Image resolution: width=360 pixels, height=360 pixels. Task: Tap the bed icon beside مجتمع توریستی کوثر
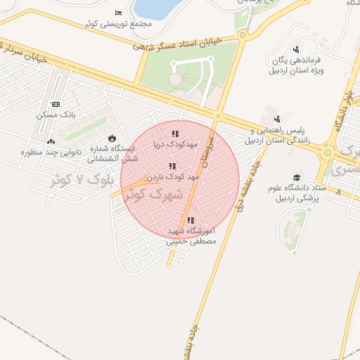(x=118, y=13)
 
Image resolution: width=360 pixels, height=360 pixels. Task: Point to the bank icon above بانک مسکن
(x=56, y=104)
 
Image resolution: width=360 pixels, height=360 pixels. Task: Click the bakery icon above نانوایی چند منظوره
(x=51, y=141)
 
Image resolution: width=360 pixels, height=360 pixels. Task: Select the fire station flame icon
(x=111, y=138)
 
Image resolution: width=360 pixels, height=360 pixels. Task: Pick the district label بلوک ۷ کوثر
(x=82, y=179)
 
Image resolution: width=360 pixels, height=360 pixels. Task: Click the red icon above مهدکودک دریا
(x=175, y=134)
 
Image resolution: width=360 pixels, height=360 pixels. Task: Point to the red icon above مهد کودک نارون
(x=172, y=167)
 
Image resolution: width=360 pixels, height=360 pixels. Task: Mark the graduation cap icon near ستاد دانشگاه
(x=297, y=178)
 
